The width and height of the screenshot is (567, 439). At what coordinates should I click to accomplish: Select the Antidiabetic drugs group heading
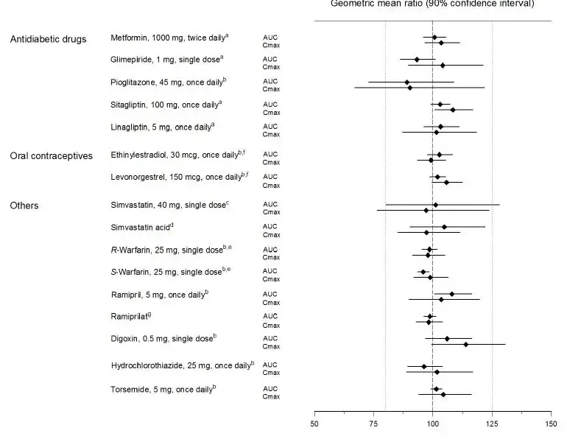(48, 39)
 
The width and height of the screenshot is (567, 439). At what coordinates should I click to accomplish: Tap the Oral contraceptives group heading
(51, 155)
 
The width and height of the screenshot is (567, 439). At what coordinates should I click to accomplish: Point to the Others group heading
(24, 206)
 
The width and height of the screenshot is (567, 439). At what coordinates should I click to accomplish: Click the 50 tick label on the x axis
(315, 424)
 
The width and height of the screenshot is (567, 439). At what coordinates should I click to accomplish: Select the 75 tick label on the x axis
(374, 424)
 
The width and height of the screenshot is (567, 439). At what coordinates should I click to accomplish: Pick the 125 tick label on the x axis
(492, 424)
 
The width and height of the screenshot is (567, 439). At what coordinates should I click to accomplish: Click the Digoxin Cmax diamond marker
(465, 344)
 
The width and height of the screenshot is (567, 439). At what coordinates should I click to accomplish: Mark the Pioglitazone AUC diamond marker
(406, 82)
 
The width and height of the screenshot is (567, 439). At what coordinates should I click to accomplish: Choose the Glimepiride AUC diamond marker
(417, 59)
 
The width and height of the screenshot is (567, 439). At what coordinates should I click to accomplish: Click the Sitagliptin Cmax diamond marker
(452, 110)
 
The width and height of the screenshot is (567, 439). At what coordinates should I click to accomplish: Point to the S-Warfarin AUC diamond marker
(423, 272)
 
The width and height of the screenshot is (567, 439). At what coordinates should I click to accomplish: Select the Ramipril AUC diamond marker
(451, 294)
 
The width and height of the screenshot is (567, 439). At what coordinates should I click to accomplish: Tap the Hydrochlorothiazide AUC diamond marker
(424, 366)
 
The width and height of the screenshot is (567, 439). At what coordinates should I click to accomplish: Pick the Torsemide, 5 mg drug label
(163, 388)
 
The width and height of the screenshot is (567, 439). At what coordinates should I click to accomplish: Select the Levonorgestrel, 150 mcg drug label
(179, 177)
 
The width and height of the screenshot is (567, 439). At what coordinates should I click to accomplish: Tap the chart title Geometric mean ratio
(432, 4)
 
